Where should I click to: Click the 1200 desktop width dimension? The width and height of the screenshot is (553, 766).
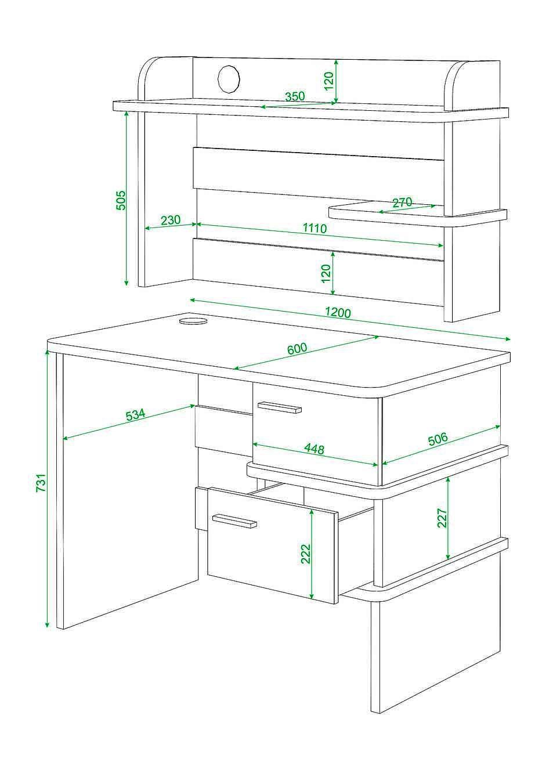tap(338, 313)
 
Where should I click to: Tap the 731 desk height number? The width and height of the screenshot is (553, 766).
tap(41, 482)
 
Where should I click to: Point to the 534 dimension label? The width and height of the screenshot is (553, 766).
tap(136, 414)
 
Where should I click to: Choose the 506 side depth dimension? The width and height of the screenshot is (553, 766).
tap(438, 439)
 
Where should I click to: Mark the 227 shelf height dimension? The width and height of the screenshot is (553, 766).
tap(442, 518)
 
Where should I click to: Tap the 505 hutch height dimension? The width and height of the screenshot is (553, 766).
tap(120, 200)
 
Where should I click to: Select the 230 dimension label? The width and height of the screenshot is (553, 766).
tap(171, 220)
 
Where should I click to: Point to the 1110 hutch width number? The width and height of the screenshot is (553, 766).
tap(315, 227)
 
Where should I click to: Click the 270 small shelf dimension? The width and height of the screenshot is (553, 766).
tap(402, 203)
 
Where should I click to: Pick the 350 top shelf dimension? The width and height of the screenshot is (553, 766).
tap(295, 96)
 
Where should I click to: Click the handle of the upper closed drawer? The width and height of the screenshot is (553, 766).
tap(280, 407)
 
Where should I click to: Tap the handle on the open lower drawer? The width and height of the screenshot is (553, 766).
tap(234, 521)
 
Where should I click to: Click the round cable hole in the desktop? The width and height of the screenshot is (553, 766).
tap(193, 321)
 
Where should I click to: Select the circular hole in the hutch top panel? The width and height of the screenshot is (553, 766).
tap(229, 78)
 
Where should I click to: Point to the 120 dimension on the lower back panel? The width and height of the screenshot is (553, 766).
tap(326, 273)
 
